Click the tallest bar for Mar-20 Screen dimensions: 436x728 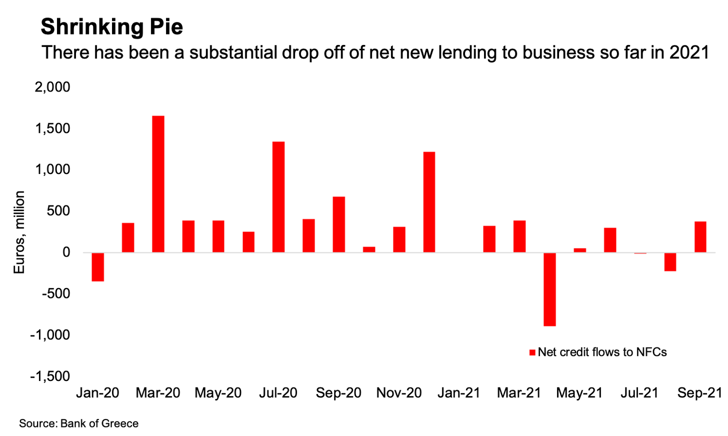158,184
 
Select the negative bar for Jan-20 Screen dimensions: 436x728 98,267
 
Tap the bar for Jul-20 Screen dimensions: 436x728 278,197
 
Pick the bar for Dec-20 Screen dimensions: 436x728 429,202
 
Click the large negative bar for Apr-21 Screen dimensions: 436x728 549,289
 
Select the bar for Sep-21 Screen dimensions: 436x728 700,237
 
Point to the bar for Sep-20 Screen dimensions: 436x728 338,224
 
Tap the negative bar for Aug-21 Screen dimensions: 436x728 670,262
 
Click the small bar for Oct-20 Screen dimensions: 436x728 369,249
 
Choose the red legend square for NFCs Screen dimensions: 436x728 532,352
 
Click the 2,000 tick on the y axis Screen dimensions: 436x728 52,87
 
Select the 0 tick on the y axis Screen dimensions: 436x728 66,252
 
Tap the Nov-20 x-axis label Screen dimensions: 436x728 399,393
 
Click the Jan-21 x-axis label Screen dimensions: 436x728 459,393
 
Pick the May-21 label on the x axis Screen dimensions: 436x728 579,393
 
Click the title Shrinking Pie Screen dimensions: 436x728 112,26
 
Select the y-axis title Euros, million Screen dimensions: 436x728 19,232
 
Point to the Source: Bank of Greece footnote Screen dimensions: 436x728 79,423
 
